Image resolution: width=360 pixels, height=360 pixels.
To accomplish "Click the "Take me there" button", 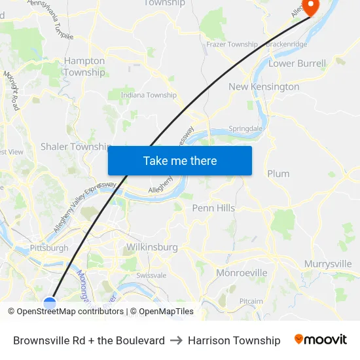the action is coord(179,160).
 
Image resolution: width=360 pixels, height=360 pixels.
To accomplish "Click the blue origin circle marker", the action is coord(50,302).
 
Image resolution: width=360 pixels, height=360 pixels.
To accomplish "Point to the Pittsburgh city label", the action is coord(49,248).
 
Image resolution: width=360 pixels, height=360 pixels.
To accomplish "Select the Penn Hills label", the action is coord(213,208).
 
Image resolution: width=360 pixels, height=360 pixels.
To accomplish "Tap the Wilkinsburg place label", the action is coord(151,247).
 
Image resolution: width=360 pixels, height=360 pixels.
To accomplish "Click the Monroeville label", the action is coord(242,272).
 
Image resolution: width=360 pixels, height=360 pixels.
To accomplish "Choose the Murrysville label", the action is coord(328,264).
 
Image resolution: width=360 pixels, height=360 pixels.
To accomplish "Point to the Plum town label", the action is coord(278,173).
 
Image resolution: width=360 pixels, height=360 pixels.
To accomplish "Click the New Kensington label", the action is coord(264,86).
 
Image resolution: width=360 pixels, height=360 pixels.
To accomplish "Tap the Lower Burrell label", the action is coord(297,64).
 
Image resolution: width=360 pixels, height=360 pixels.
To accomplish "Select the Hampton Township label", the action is coord(84,67).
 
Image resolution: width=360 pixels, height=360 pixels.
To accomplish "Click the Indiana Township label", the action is coord(149,96).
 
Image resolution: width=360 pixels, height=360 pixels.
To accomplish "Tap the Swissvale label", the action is coord(151,276).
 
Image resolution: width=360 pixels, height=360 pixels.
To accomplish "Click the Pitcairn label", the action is coord(251,301).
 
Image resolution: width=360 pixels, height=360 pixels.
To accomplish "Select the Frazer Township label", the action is coord(232,45).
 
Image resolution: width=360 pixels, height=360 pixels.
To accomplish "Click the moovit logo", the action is coord(321,340).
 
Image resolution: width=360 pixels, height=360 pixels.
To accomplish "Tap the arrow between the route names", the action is coord(176,340).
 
